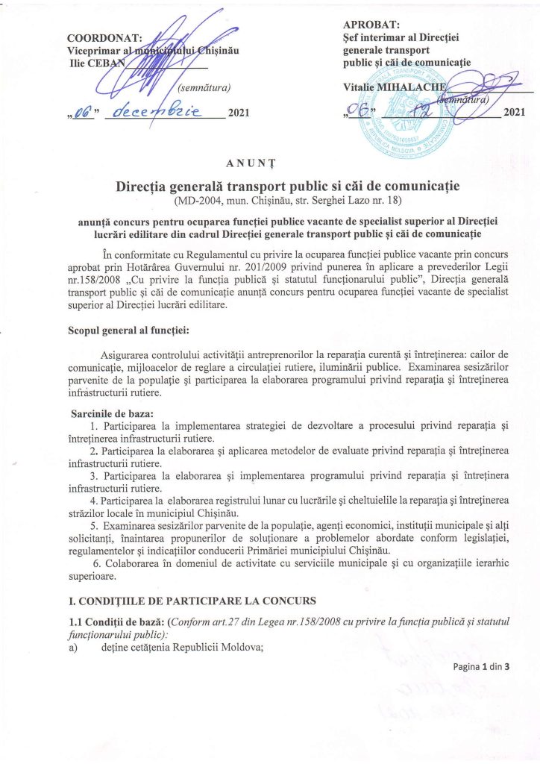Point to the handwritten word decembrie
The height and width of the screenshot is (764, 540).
156,111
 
